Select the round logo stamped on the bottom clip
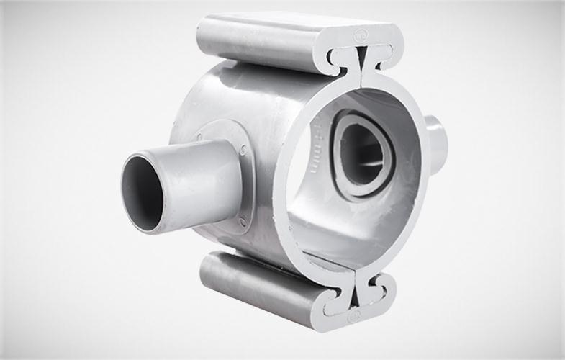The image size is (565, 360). tap(353, 316)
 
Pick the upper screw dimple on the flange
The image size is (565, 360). tap(243, 150)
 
